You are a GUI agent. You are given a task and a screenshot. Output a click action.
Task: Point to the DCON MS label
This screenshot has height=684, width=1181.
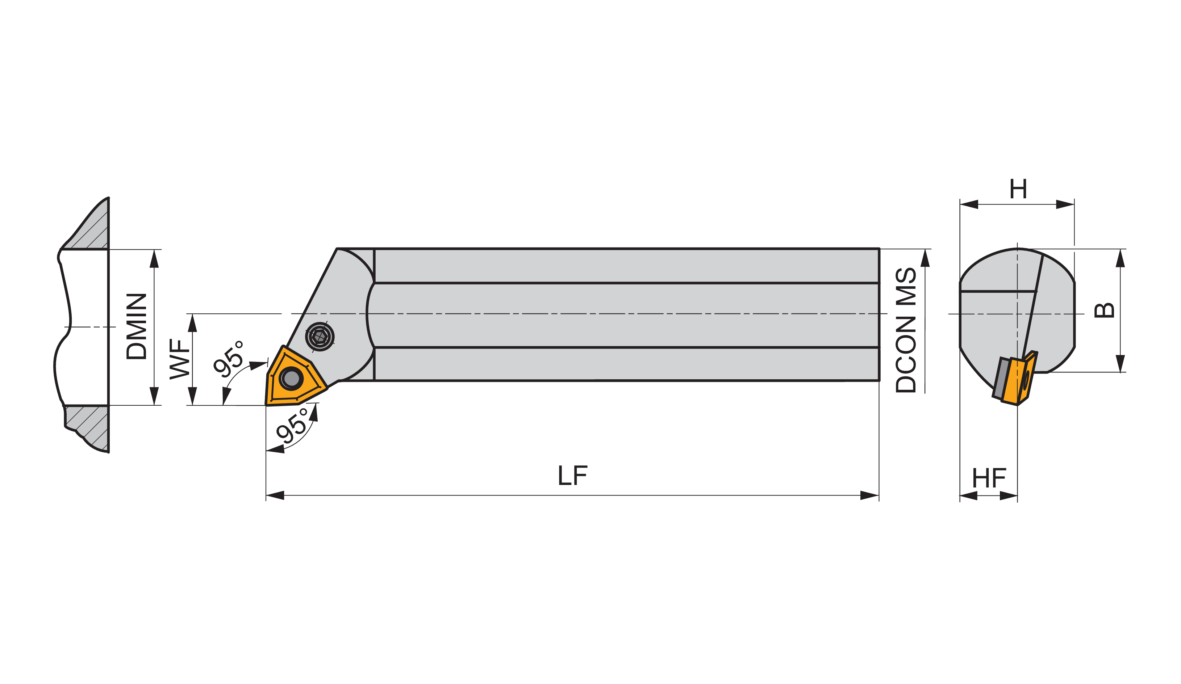coord(906,330)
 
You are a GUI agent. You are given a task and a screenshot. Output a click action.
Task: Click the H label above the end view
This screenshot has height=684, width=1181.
coord(1018,189)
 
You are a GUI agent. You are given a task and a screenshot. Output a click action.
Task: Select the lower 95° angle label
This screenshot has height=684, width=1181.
coord(292,426)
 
